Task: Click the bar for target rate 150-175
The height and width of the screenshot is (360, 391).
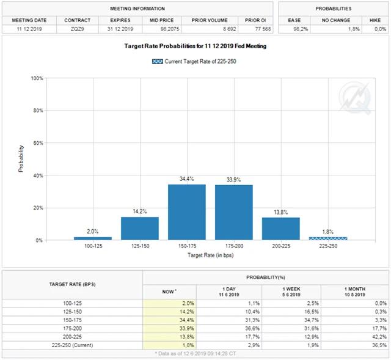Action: (x=186, y=212)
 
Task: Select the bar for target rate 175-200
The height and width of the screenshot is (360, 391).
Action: (x=233, y=213)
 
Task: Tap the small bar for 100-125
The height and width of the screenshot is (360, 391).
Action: (x=92, y=238)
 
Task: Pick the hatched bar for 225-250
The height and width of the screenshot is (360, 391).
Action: (x=327, y=238)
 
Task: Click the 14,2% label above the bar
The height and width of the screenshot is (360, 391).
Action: (x=139, y=211)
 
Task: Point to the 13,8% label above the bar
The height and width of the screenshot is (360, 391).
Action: (x=280, y=212)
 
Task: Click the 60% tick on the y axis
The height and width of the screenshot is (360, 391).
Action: (x=38, y=143)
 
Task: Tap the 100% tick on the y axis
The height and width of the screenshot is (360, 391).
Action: (x=37, y=78)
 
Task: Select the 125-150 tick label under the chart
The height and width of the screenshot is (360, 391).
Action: (x=139, y=246)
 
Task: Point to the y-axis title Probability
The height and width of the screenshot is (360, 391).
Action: (x=21, y=158)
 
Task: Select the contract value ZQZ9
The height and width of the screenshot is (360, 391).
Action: (x=77, y=29)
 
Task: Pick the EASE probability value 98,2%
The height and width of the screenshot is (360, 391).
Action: (x=296, y=29)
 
